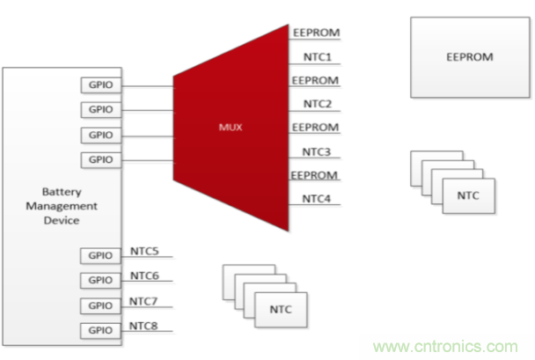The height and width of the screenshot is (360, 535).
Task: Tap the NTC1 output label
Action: pyautogui.click(x=317, y=57)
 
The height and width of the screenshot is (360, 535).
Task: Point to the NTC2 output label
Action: pyautogui.click(x=317, y=104)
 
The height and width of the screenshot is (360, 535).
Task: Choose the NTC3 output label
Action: pyautogui.click(x=317, y=151)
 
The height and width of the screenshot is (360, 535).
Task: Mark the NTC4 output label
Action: pyautogui.click(x=317, y=199)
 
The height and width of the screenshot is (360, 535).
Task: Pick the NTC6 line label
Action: pyautogui.click(x=145, y=276)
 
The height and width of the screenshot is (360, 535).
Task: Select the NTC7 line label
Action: pyautogui.click(x=145, y=301)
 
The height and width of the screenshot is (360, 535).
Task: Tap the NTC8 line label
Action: pyautogui.click(x=145, y=327)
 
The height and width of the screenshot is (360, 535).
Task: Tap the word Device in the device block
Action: pyautogui.click(x=62, y=221)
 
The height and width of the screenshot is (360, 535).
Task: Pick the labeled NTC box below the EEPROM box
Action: pyautogui.click(x=469, y=194)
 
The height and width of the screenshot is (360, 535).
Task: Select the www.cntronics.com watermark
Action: pyautogui.click(x=447, y=346)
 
